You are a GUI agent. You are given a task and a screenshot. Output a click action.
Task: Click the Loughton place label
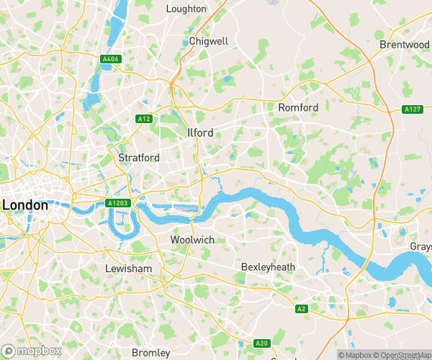[186, 9]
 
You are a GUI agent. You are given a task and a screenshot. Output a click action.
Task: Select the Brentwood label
[404, 45]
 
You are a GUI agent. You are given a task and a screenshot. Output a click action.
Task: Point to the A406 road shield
[110, 59]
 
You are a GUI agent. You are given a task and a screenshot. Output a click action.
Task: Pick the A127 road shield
[412, 109]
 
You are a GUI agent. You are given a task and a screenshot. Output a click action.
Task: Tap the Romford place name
[298, 107]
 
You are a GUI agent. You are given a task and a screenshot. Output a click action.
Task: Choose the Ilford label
[200, 133]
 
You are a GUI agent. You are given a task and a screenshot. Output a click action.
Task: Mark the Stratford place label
[139, 157]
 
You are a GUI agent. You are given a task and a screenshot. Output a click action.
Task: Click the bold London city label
[25, 205]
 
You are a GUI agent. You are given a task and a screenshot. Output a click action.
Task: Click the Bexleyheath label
[268, 267]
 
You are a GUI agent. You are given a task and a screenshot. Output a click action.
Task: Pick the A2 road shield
[302, 309]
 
